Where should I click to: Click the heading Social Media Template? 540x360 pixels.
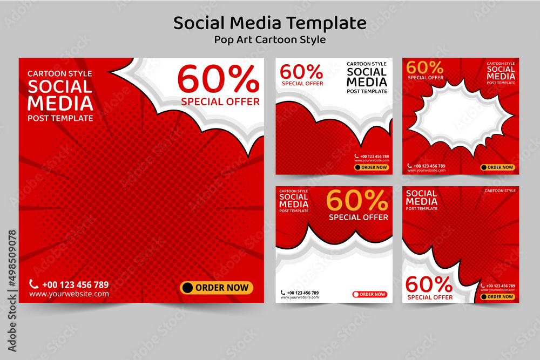coord(269,23)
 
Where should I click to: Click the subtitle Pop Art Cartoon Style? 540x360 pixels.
coord(269,40)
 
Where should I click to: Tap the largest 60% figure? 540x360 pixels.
coord(219,80)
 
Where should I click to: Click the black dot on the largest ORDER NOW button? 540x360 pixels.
coord(187,288)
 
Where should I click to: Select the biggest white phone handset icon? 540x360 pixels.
coord(33,284)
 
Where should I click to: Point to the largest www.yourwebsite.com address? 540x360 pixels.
coord(69,294)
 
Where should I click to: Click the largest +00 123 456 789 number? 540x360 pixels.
coord(75,284)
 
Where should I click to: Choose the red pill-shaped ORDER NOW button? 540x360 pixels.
coord(370,294)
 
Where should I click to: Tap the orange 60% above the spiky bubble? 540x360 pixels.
coord(424,68)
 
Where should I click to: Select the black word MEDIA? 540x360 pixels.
coord(367,82)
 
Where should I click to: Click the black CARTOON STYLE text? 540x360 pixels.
coord(367,64)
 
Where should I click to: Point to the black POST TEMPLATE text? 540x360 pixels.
coord(367,92)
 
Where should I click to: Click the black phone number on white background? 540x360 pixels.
coord(302,293)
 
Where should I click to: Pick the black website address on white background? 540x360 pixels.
coord(300,297)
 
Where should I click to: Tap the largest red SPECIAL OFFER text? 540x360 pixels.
coord(220,101)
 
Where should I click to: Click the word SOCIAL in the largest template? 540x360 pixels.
coord(60,86)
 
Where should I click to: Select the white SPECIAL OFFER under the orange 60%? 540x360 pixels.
coord(359,218)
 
